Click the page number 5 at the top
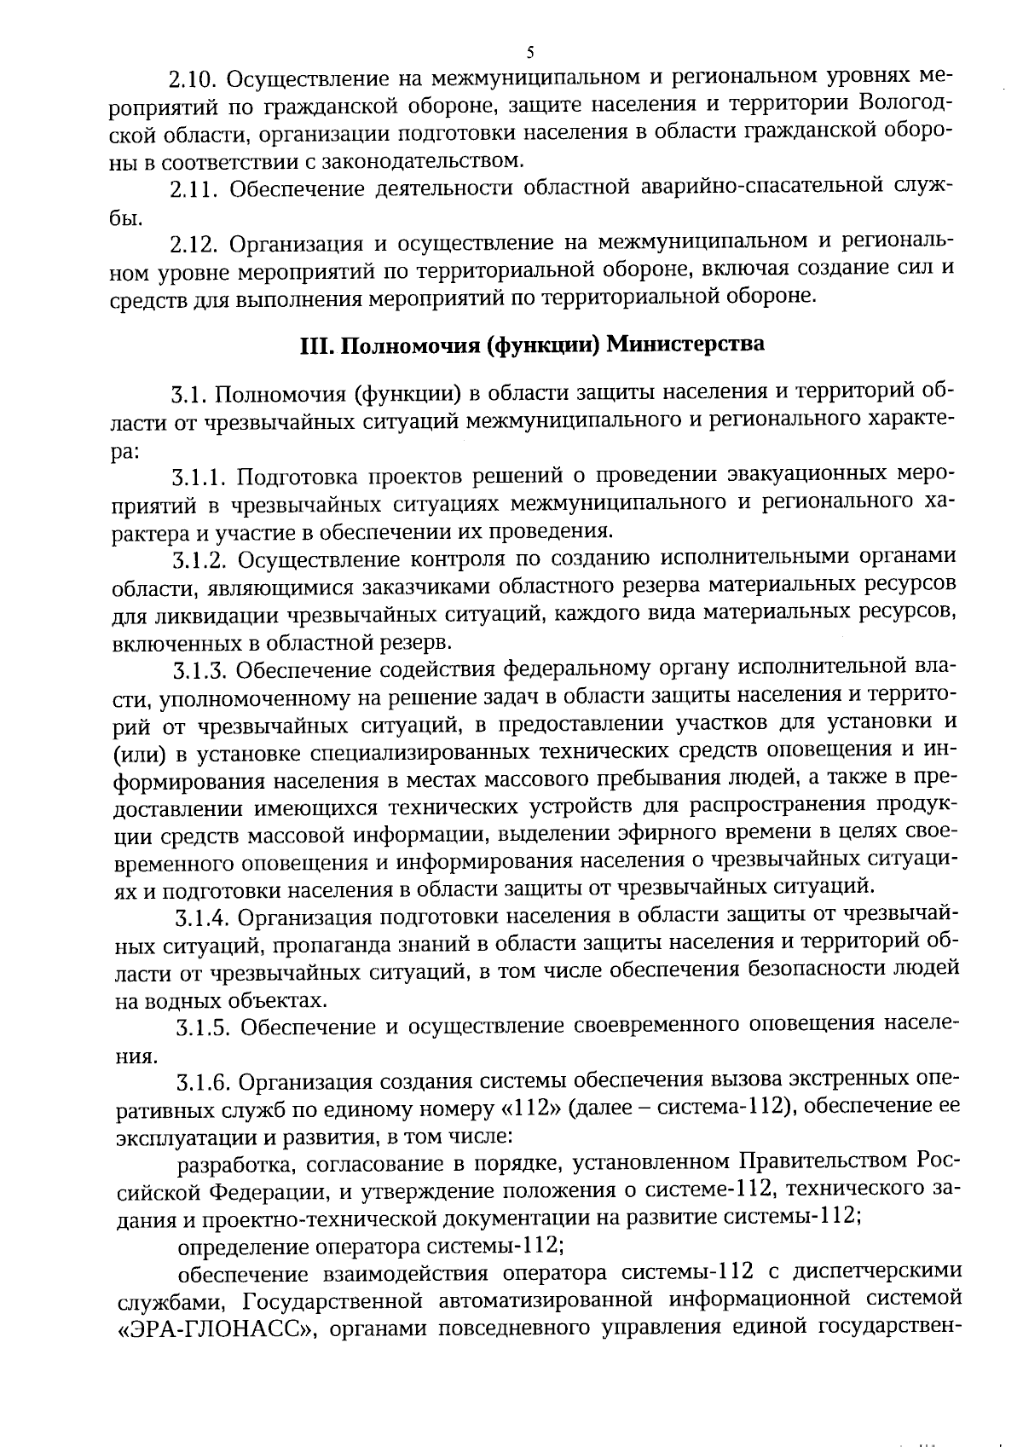point(531,53)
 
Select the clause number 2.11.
point(194,190)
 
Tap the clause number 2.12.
point(194,246)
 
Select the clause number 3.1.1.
point(199,475)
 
